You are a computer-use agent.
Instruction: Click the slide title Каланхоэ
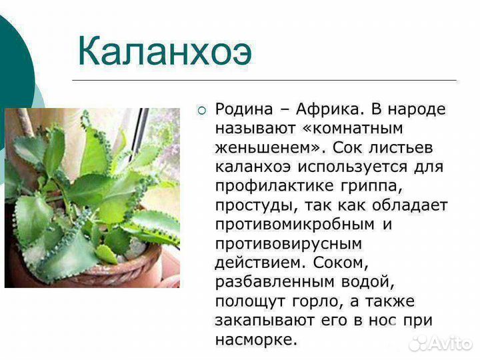pos(165,49)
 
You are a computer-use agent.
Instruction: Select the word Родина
pos(245,109)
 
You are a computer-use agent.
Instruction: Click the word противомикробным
pos(296,225)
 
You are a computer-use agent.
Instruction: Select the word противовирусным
pos(288,244)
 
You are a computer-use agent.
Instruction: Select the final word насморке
pos(254,340)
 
